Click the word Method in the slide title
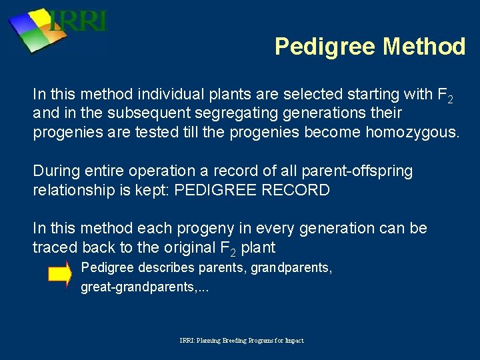424,47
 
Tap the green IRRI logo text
79,21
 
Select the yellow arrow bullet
59,275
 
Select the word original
184,247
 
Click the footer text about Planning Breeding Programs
241,340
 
